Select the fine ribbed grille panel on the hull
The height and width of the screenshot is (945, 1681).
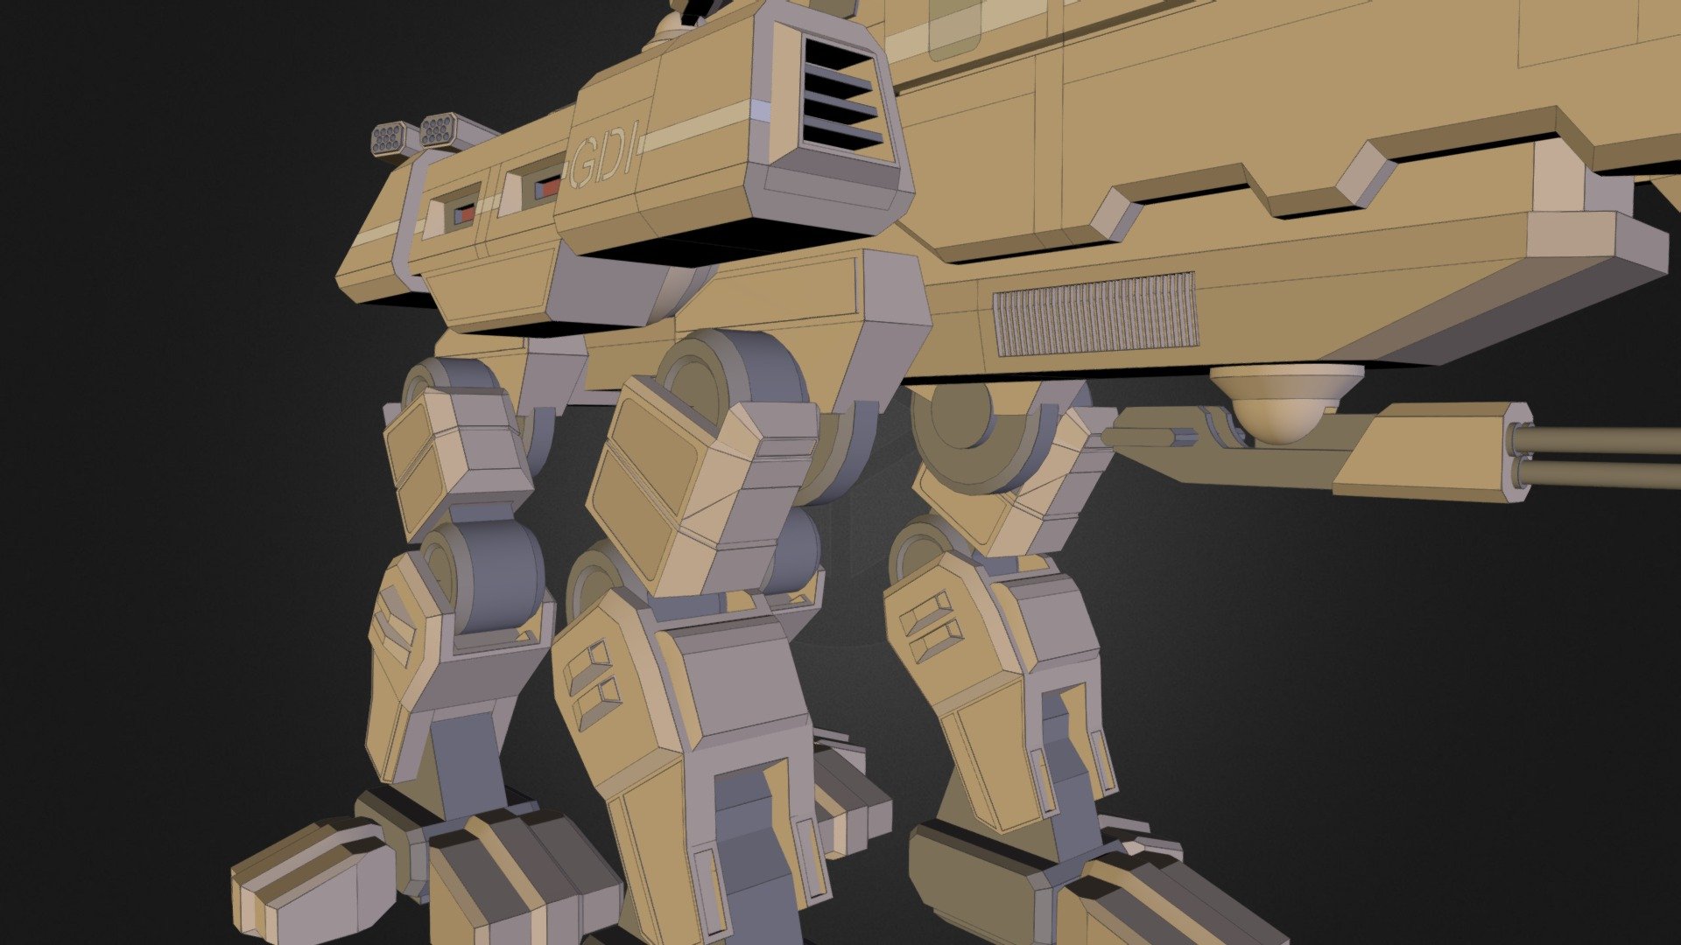pyautogui.click(x=1095, y=313)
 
